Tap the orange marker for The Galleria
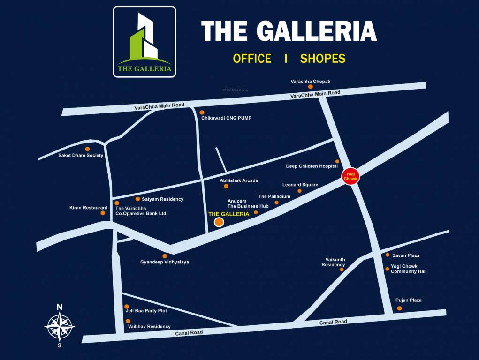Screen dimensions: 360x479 [219, 223]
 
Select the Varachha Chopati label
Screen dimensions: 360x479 [310, 81]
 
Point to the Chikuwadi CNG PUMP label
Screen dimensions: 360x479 [226, 118]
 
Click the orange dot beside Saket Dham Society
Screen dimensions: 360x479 [87, 149]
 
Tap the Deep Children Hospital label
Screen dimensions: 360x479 [312, 166]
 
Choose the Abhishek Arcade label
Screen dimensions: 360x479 [239, 180]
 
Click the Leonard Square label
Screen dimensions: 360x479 [300, 185]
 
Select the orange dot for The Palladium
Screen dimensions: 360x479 [276, 202]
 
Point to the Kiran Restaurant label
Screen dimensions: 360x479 [88, 208]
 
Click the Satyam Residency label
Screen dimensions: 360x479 [162, 199]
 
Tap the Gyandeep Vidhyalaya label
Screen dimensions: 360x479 [165, 262]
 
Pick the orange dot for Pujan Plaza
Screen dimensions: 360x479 [399, 308]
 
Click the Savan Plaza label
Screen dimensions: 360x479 [406, 255]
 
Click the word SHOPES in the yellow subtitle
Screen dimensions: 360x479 [323, 59]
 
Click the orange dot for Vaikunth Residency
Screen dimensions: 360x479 [342, 270]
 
